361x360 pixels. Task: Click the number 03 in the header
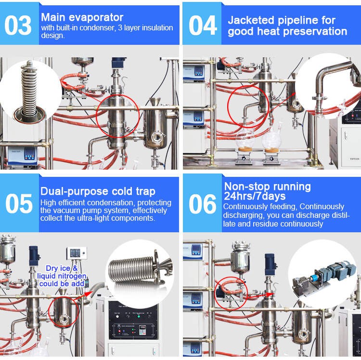click(18, 25)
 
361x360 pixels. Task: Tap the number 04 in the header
click(202, 25)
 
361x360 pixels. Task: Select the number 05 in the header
click(18, 203)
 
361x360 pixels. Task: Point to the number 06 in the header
click(202, 203)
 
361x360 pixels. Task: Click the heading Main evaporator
click(82, 17)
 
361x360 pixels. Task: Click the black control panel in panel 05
click(132, 323)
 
